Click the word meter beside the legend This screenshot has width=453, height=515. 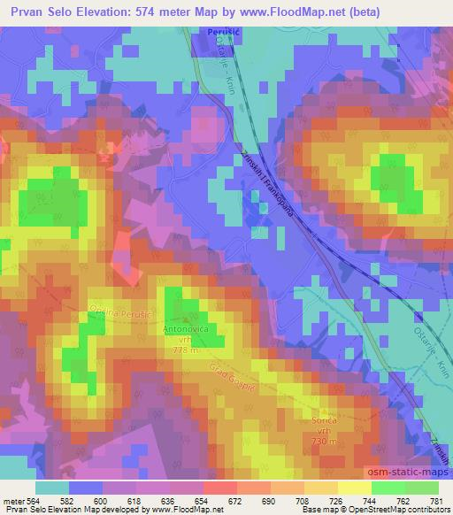[12, 501]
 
